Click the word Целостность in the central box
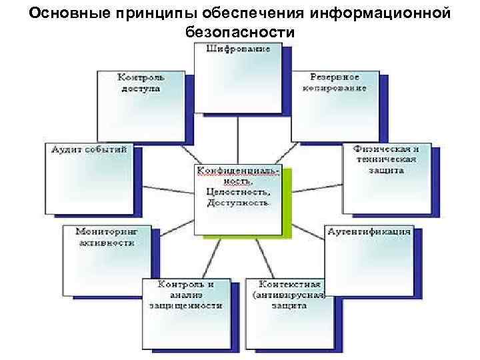click(x=238, y=191)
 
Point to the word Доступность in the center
click(x=238, y=202)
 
